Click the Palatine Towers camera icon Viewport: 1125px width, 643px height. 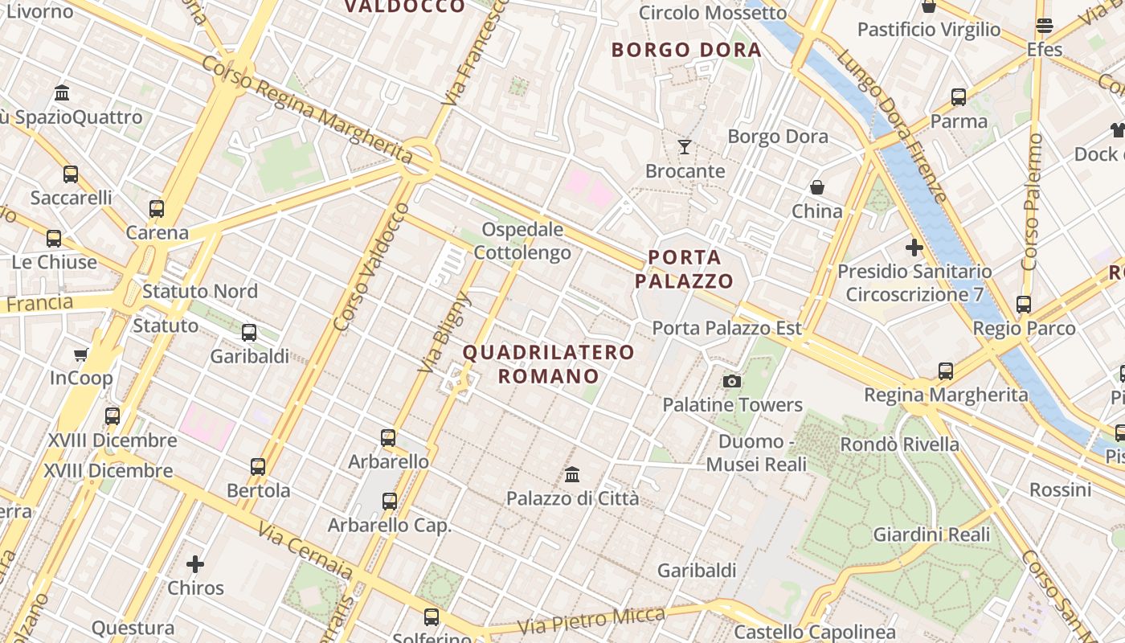point(731,381)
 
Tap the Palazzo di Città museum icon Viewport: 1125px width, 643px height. point(572,475)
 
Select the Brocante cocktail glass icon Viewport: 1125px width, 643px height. point(685,147)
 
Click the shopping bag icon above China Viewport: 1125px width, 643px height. point(817,187)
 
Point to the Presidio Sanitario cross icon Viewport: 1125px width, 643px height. point(914,248)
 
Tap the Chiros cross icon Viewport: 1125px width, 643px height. point(195,564)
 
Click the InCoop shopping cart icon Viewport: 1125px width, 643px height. point(80,354)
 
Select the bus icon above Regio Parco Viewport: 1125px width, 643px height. point(1024,305)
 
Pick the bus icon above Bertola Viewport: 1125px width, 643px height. point(258,467)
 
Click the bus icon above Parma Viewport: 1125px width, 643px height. point(959,97)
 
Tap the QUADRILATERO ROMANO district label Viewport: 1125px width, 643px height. point(549,364)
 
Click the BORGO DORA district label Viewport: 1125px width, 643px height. point(686,50)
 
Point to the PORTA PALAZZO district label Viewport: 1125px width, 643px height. point(684,269)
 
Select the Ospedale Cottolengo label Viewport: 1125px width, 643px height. point(522,241)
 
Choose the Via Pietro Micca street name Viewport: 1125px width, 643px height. point(591,620)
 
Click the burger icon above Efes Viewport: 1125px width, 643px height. point(1045,26)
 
